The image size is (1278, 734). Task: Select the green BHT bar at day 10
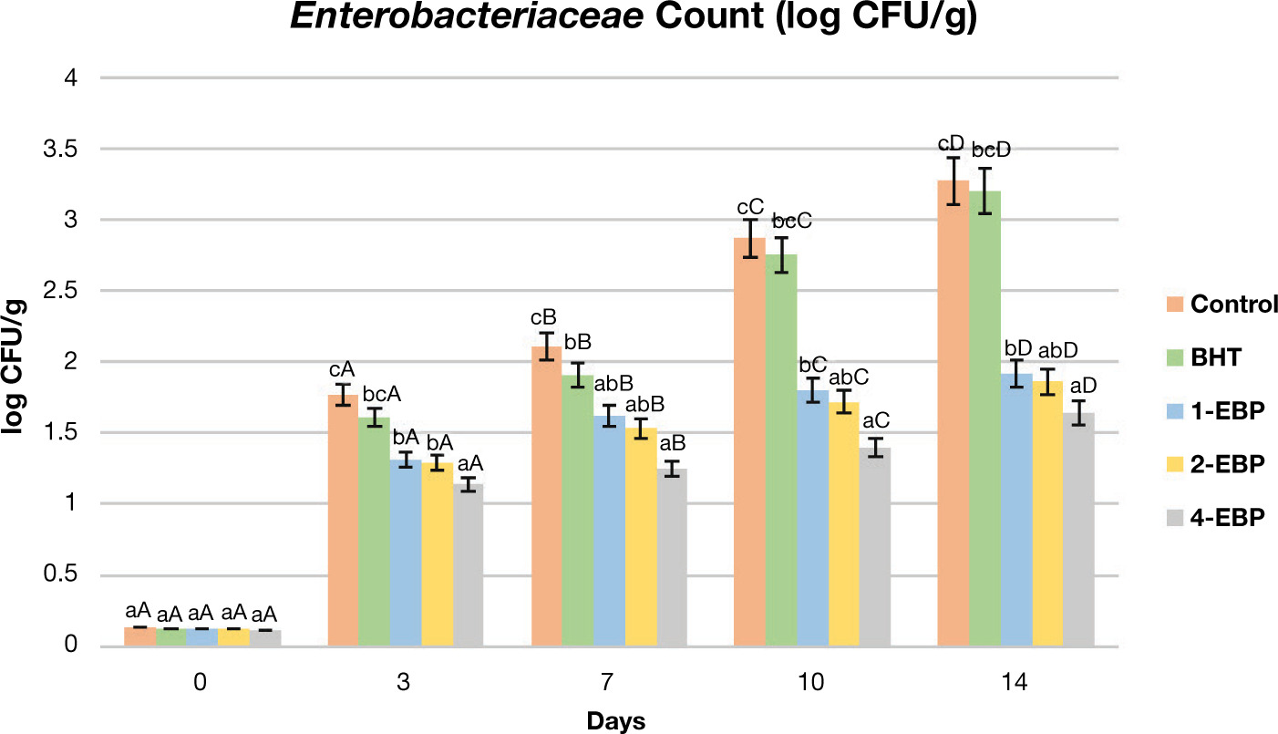(x=781, y=450)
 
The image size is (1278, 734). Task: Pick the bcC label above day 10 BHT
(x=791, y=222)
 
